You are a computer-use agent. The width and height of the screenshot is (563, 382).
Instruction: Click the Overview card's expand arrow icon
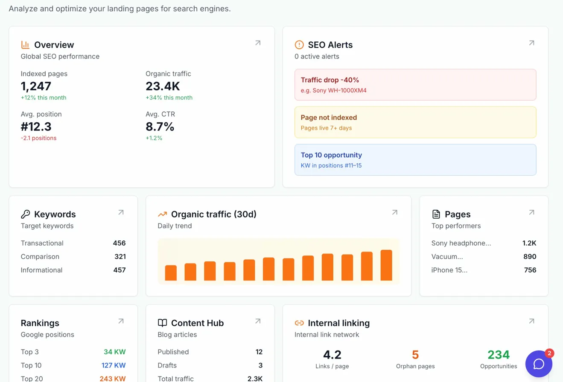pos(258,43)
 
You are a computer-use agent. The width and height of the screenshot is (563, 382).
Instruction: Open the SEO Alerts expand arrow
pos(531,43)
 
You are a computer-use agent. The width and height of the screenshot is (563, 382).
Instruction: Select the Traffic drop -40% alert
pos(415,85)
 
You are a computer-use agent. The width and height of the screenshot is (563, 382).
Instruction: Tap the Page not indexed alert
pos(415,122)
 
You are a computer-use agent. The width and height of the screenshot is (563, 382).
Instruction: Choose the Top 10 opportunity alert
pos(415,160)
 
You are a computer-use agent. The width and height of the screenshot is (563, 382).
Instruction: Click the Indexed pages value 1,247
pos(36,86)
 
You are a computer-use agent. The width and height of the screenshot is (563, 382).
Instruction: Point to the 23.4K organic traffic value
pos(163,86)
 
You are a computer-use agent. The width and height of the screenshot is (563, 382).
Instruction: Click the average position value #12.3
pos(36,127)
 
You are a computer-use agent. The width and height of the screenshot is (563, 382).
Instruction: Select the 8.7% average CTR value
pos(160,127)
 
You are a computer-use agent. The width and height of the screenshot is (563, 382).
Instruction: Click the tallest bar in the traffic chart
pos(386,265)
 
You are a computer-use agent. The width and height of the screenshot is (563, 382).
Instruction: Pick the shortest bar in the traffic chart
pos(171,273)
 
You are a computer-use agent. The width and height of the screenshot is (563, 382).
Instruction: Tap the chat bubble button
pos(539,364)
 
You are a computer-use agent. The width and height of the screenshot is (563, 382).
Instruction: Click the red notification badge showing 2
pos(550,353)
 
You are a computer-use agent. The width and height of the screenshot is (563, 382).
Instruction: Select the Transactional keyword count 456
pos(119,243)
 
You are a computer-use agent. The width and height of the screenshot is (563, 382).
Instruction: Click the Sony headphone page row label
pos(461,243)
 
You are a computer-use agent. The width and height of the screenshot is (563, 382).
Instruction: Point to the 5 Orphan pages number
pos(415,355)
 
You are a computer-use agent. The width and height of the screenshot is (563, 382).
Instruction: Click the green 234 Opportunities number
pos(499,355)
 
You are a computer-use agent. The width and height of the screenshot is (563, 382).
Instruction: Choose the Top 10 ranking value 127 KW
pos(114,365)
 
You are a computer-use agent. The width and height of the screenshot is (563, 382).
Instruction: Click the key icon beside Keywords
pos(26,214)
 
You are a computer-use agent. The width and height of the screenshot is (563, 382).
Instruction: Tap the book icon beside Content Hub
pos(162,323)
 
